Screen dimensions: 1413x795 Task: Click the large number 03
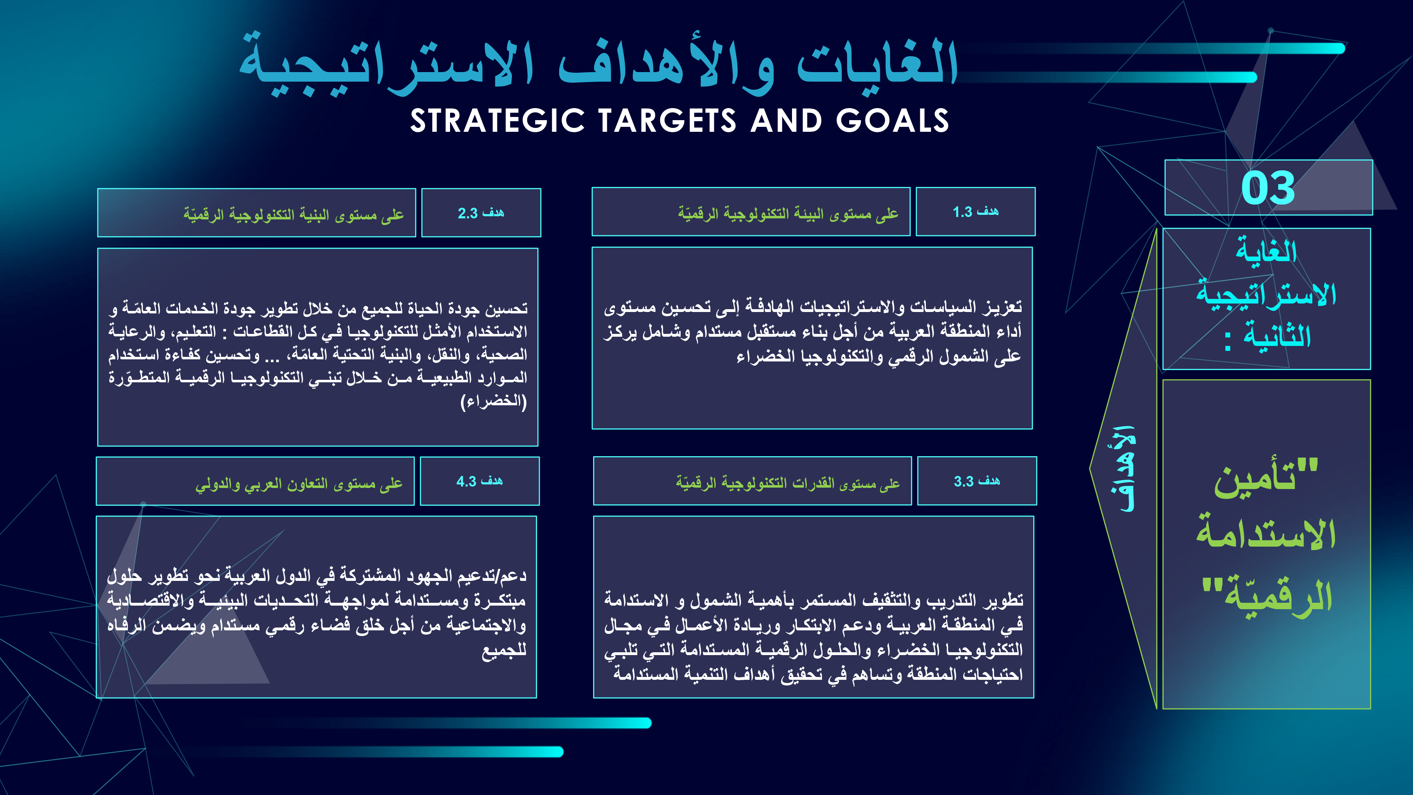(1268, 188)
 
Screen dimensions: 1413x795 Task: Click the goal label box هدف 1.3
(975, 212)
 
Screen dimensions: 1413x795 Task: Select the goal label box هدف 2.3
(481, 213)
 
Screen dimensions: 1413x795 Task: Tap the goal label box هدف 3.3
(977, 481)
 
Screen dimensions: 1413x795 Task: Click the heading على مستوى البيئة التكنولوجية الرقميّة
(788, 213)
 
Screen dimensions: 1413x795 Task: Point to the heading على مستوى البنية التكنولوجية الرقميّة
(294, 214)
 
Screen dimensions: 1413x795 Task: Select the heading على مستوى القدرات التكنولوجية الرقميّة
(788, 483)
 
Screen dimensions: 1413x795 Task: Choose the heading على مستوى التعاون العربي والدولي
(299, 484)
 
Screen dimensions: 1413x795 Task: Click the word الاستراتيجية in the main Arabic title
(387, 66)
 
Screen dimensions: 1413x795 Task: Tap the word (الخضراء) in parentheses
(494, 401)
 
